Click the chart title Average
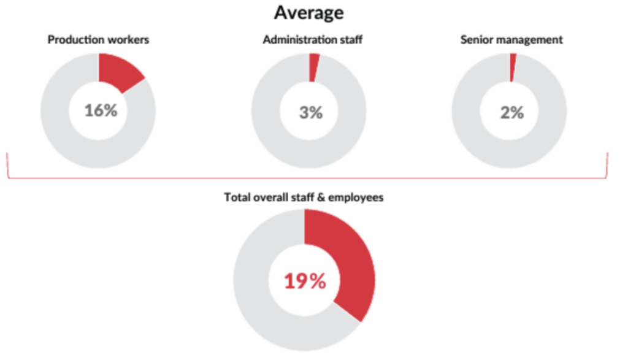click(x=309, y=12)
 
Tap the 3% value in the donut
click(x=310, y=113)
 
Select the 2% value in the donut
click(x=511, y=113)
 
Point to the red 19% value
click(x=304, y=281)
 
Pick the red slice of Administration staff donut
click(x=314, y=66)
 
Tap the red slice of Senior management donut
click(x=513, y=66)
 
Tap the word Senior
click(x=474, y=40)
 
